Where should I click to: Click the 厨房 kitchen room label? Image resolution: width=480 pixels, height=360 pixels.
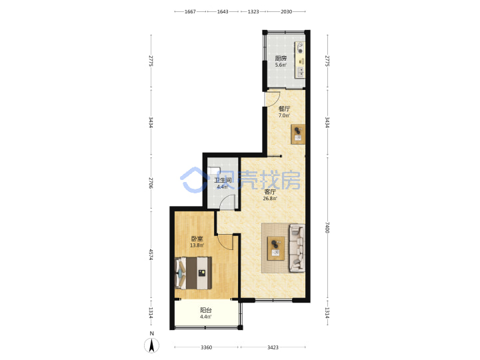click(281, 58)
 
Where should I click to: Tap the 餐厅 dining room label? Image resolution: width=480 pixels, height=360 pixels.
click(284, 109)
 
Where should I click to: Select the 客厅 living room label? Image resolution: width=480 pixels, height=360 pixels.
click(270, 192)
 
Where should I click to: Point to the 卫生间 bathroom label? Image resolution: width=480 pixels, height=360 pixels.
click(223, 180)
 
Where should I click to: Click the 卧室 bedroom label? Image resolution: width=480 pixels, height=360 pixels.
click(197, 239)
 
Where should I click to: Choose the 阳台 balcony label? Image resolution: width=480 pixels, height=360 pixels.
click(206, 310)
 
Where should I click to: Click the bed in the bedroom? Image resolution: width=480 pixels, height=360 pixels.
click(193, 273)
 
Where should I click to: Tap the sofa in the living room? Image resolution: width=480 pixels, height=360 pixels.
click(297, 248)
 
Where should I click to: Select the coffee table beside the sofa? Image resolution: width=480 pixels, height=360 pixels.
click(276, 248)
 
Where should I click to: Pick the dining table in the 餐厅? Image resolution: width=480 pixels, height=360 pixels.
click(298, 134)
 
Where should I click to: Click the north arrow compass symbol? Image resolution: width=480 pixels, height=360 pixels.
click(151, 345)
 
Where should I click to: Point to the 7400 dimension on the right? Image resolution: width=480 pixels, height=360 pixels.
click(327, 227)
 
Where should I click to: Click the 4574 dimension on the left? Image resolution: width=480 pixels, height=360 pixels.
click(151, 255)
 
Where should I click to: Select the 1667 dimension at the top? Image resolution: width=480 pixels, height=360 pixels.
click(190, 11)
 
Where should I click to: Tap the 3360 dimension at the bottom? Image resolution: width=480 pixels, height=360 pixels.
click(206, 347)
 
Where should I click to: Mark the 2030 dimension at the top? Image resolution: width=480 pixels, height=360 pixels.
click(286, 11)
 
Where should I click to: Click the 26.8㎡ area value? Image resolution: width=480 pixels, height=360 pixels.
click(270, 199)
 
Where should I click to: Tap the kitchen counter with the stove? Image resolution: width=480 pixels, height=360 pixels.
click(300, 59)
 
